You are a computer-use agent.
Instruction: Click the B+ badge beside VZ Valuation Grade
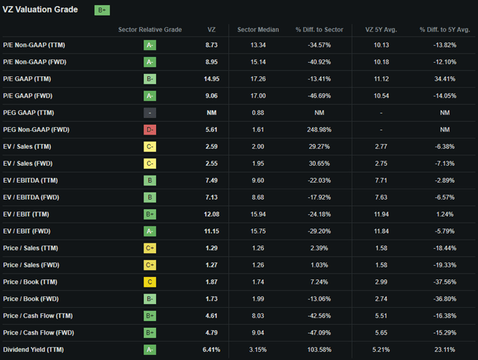click(102, 10)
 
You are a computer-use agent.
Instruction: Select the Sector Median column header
click(258, 30)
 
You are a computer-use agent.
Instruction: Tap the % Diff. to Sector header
click(319, 30)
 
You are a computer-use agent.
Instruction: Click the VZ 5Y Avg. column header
click(381, 30)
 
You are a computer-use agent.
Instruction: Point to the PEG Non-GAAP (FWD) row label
click(37, 129)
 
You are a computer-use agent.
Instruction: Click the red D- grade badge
click(149, 129)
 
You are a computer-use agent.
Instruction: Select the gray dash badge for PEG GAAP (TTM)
click(149, 113)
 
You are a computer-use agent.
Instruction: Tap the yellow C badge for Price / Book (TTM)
click(149, 282)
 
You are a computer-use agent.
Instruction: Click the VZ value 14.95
click(211, 79)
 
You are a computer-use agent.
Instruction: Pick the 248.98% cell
click(319, 129)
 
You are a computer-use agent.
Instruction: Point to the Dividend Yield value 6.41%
click(211, 350)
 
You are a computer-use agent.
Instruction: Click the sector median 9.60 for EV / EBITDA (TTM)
click(258, 181)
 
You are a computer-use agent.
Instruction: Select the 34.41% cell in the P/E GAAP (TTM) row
click(445, 79)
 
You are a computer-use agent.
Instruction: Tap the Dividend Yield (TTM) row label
click(34, 350)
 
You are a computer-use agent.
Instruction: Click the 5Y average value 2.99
click(381, 282)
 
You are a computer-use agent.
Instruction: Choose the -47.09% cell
click(319, 332)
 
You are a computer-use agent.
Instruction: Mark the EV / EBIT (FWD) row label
click(27, 231)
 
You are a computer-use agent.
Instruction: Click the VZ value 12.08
click(211, 214)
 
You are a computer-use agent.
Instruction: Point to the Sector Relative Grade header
click(150, 30)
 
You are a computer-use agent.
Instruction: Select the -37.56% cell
click(445, 282)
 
